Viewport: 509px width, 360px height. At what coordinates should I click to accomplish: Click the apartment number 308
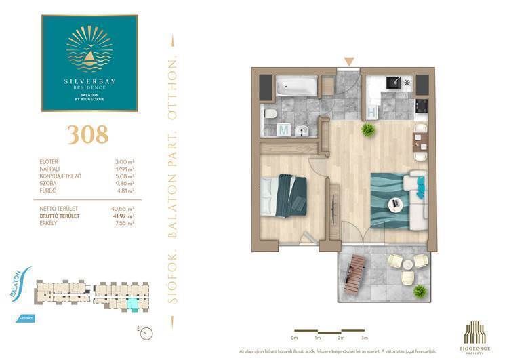(x=89, y=134)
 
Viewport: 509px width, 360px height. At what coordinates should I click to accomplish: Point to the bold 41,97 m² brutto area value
(x=122, y=216)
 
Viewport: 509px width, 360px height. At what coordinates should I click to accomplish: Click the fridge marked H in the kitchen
(x=371, y=112)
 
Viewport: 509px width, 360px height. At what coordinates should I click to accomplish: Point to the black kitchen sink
(x=392, y=82)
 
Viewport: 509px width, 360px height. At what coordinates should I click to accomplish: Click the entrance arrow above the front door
(x=349, y=62)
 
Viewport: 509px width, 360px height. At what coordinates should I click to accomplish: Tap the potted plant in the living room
(x=369, y=129)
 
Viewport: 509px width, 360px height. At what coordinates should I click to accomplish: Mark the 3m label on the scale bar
(x=364, y=337)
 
